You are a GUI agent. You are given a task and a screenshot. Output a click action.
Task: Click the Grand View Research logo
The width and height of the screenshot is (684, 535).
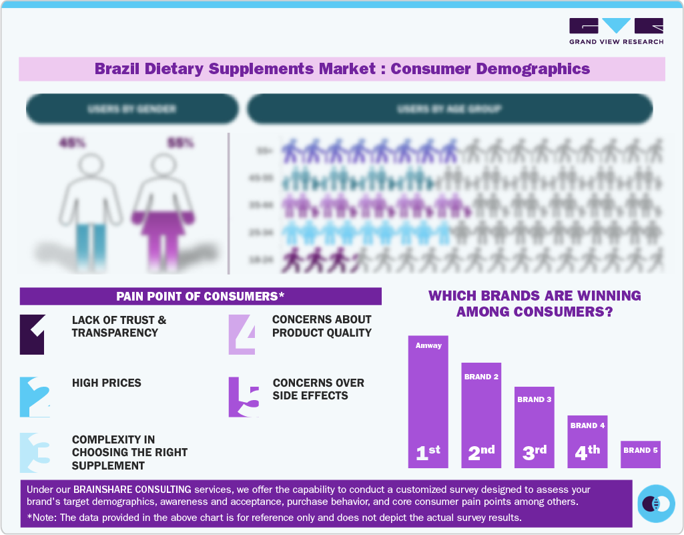pos(616,31)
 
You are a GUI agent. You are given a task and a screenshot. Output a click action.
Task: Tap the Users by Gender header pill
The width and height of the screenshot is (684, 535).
pos(132,108)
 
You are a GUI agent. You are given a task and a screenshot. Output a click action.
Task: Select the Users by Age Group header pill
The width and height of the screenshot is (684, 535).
pos(449,108)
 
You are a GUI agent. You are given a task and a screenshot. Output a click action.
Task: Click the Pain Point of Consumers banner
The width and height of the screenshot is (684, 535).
pos(200,296)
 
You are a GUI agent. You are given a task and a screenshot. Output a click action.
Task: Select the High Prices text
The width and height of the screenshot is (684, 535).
pos(107,383)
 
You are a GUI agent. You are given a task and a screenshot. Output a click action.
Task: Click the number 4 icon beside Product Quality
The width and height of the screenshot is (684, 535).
pos(242,333)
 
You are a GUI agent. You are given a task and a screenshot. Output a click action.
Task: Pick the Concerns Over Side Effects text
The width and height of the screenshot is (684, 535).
pos(318,389)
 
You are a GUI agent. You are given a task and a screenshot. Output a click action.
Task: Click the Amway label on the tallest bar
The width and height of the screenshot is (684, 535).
pos(428,345)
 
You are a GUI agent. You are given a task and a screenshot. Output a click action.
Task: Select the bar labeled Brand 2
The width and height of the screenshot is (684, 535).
pos(481,414)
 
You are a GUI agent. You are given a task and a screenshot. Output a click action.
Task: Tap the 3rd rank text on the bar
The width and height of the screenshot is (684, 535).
pos(535,452)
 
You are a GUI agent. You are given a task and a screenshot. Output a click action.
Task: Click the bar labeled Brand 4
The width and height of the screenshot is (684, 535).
pos(587,441)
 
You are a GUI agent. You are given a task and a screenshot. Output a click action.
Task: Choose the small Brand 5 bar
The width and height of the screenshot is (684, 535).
pos(641,454)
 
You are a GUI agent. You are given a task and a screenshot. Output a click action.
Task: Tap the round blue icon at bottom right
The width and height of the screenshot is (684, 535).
pos(657,503)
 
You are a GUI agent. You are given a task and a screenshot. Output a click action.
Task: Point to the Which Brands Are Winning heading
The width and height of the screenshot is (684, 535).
pos(534,303)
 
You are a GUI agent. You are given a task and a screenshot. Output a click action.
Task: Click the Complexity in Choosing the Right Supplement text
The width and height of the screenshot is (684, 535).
pos(129,452)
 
